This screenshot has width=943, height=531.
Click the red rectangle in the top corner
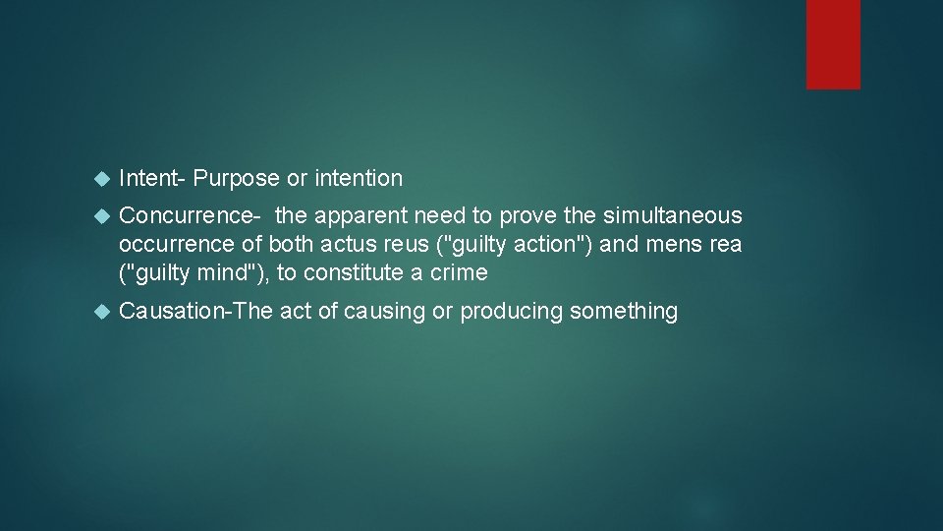(x=833, y=44)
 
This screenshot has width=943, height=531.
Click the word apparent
(x=370, y=215)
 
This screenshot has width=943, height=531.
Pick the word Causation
(x=171, y=312)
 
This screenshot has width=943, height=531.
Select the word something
(x=624, y=312)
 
